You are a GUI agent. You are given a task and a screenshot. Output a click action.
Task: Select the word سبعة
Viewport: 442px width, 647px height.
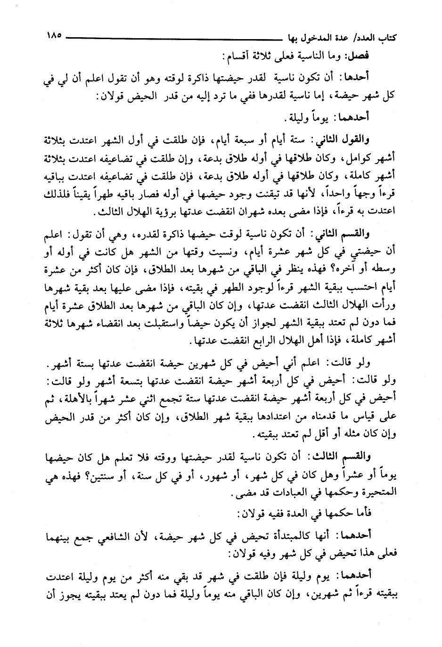[x=258, y=139]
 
